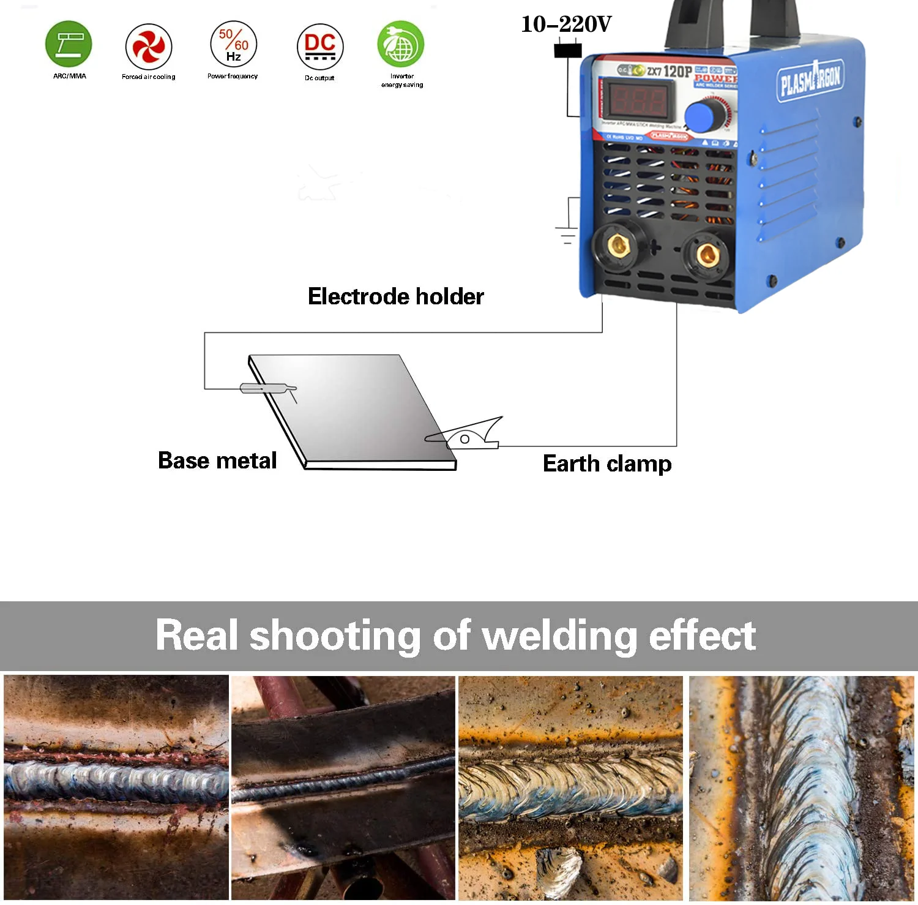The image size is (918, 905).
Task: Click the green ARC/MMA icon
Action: click(69, 44)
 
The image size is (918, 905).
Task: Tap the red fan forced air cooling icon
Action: click(149, 47)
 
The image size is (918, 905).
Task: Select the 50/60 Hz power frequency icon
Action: click(233, 44)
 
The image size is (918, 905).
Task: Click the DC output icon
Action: click(320, 47)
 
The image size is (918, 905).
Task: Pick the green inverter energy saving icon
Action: click(401, 44)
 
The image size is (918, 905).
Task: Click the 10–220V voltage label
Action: click(566, 24)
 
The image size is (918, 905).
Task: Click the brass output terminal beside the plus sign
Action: click(619, 246)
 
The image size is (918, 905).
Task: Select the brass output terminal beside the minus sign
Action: click(707, 253)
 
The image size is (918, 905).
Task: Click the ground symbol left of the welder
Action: click(567, 233)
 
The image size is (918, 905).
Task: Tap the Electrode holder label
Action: click(395, 296)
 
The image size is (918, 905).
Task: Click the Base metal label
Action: click(217, 460)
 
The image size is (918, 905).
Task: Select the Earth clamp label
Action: click(607, 464)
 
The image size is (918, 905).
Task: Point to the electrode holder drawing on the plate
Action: click(267, 388)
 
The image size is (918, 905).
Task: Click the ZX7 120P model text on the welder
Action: click(670, 71)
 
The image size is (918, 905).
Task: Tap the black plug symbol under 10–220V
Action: click(568, 50)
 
